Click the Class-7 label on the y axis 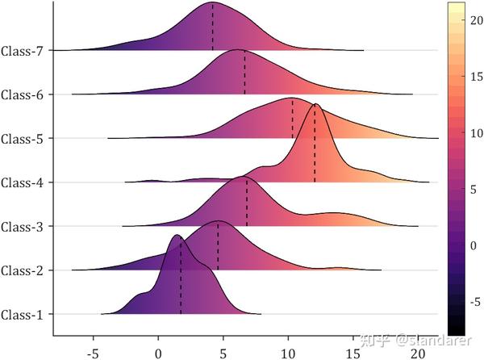pyautogui.click(x=23, y=51)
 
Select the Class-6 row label pyautogui.click(x=23, y=95)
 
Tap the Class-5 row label pyautogui.click(x=23, y=139)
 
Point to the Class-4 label pyautogui.click(x=23, y=182)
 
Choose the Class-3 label pyautogui.click(x=23, y=227)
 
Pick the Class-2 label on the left pyautogui.click(x=23, y=270)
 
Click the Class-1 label pyautogui.click(x=23, y=314)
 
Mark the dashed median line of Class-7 pyautogui.click(x=213, y=28)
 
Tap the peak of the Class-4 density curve pyautogui.click(x=315, y=104)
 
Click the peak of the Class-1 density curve pyautogui.click(x=177, y=235)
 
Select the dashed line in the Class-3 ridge pyautogui.click(x=247, y=202)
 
